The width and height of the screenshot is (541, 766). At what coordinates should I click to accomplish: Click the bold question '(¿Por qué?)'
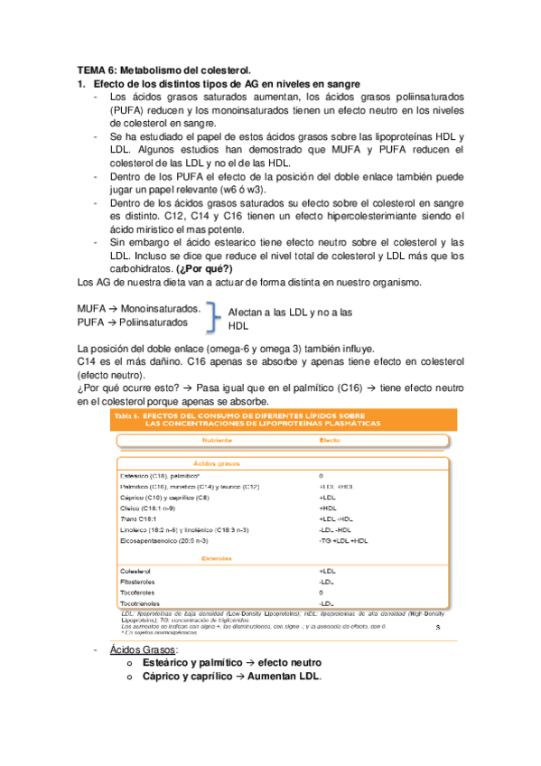click(x=204, y=269)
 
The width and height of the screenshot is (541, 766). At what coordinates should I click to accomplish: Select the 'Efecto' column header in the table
click(x=331, y=440)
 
